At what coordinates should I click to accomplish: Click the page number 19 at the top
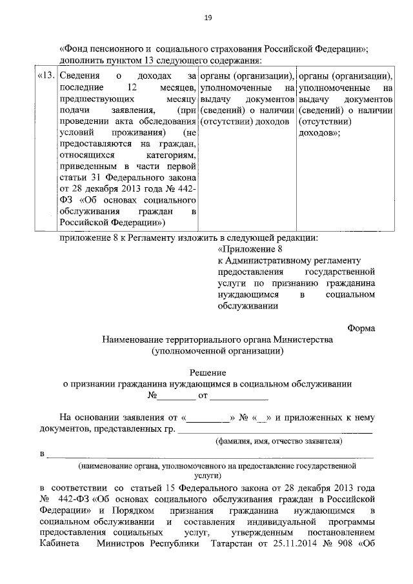(206, 17)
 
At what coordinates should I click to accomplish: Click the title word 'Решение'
(207, 372)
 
